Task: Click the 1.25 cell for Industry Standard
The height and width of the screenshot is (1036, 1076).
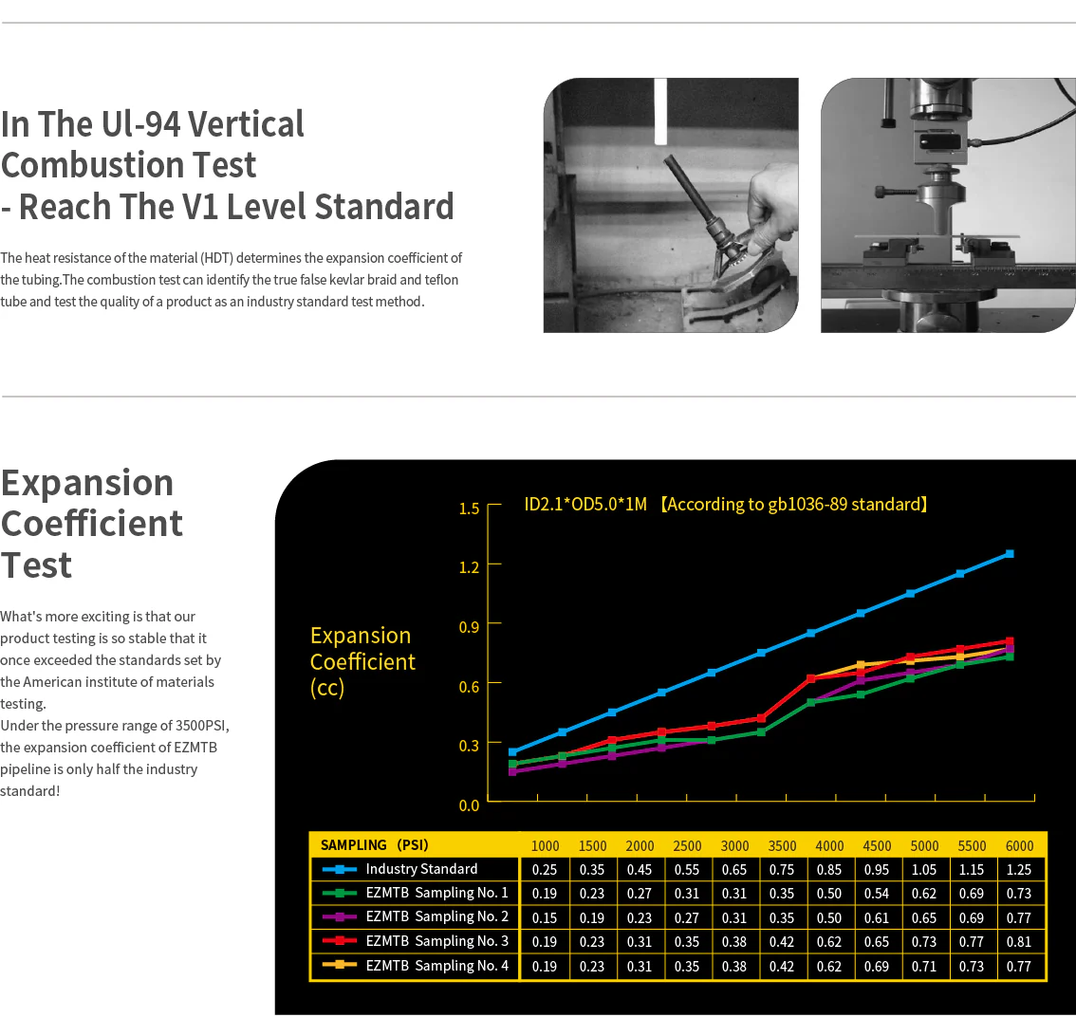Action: pyautogui.click(x=1019, y=869)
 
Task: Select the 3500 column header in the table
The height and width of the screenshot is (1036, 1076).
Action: pyautogui.click(x=782, y=846)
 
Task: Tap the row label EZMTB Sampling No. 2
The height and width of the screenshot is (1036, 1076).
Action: pyautogui.click(x=437, y=916)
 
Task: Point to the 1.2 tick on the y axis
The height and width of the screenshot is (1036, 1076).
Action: pyautogui.click(x=470, y=567)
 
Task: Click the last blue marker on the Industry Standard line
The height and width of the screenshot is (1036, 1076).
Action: pyautogui.click(x=1010, y=554)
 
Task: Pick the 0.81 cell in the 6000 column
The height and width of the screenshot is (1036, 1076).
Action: pyautogui.click(x=1019, y=942)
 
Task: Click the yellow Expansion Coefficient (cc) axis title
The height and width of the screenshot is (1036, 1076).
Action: pyautogui.click(x=362, y=661)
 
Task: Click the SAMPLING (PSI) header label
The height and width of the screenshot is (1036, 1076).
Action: pyautogui.click(x=375, y=845)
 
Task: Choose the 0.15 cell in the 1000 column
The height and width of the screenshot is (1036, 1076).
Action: pyautogui.click(x=545, y=918)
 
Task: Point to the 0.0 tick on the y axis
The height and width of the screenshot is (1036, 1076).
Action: pyautogui.click(x=470, y=805)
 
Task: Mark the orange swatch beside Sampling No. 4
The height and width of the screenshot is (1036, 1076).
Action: pyautogui.click(x=339, y=965)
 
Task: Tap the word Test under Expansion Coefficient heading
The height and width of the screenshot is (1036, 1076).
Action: pyautogui.click(x=36, y=565)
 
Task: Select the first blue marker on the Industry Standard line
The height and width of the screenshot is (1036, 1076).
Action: pyautogui.click(x=512, y=752)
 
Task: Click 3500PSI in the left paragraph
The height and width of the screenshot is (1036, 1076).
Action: pyautogui.click(x=202, y=726)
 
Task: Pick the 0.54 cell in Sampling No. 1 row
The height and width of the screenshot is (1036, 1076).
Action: pyautogui.click(x=877, y=894)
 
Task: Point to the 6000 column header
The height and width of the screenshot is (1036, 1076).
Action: pyautogui.click(x=1019, y=846)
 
